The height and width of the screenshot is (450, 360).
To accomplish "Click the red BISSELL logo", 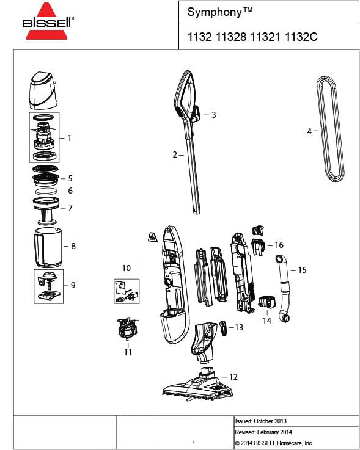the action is click(48, 22).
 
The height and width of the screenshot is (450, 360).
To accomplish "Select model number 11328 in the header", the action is click(231, 37).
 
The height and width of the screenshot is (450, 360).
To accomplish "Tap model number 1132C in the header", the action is click(301, 37).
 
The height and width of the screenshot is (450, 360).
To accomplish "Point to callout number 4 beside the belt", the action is click(309, 131).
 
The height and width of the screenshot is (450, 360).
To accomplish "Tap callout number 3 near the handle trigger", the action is click(213, 115).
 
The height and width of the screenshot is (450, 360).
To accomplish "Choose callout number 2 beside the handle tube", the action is click(175, 155).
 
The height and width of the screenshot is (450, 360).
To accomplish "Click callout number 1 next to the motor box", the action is click(70, 139).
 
